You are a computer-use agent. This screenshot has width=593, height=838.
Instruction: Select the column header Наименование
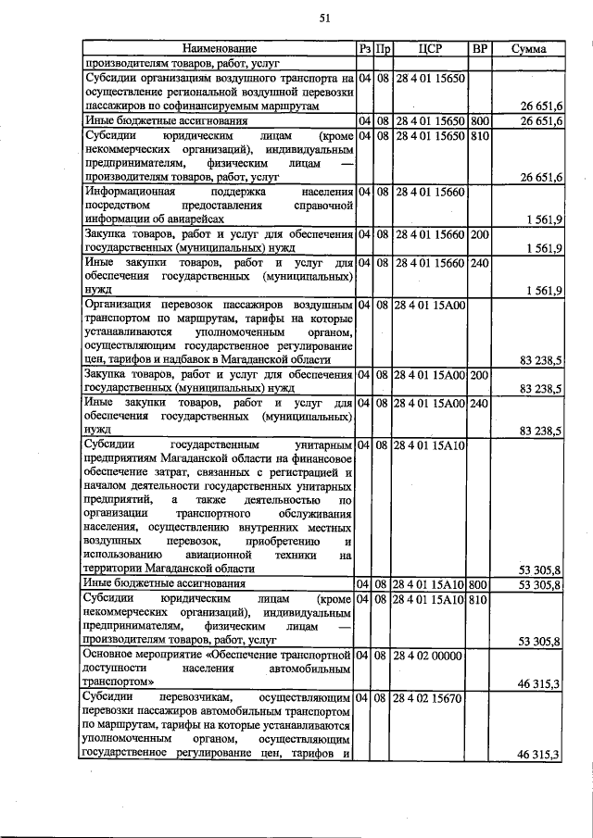(x=219, y=47)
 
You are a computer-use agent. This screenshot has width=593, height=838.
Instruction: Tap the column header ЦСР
(x=429, y=47)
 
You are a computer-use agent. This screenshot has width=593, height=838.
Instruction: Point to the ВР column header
(x=479, y=47)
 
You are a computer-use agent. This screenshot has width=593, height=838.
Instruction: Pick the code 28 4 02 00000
(x=429, y=656)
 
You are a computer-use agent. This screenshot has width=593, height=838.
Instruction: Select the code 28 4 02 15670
(x=429, y=695)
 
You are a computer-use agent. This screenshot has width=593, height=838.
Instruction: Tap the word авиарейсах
(x=194, y=219)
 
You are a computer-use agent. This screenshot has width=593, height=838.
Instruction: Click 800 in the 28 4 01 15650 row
(x=479, y=121)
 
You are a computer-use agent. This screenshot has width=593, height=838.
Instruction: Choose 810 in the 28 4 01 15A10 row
(x=479, y=599)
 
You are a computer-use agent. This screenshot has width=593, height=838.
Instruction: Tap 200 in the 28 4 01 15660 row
(x=479, y=235)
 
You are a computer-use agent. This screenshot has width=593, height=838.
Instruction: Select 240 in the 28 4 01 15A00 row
(x=479, y=404)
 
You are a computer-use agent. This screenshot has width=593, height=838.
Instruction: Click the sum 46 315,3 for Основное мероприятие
(x=539, y=683)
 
